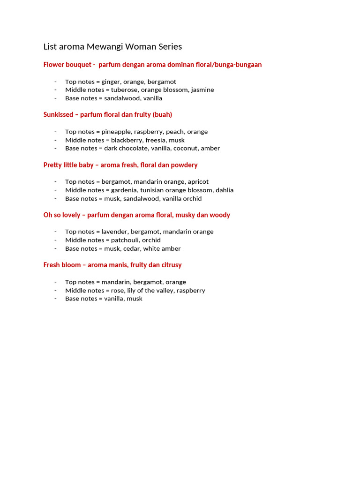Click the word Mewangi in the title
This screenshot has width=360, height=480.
click(x=103, y=46)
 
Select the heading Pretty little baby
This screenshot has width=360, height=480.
click(x=68, y=165)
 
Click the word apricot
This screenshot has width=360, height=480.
click(x=198, y=181)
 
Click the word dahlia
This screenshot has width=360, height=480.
click(x=225, y=190)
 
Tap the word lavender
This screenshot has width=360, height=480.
click(x=114, y=232)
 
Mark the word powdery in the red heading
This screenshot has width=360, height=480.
click(x=184, y=165)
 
